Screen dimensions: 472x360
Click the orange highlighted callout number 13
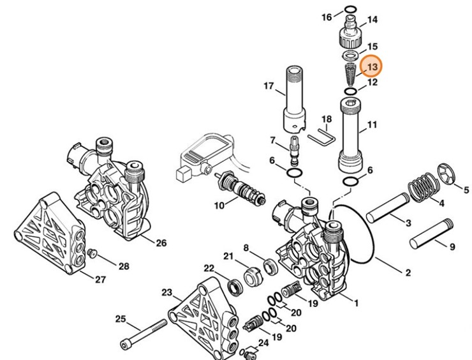point(372,66)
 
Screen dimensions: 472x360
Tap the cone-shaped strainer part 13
point(350,74)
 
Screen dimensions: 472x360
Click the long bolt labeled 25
point(144,335)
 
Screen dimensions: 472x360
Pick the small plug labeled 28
point(91,253)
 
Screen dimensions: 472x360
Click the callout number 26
point(161,243)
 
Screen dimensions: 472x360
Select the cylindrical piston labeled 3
point(388,208)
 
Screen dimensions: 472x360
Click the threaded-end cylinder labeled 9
point(431,234)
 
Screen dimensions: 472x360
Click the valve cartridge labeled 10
point(240,188)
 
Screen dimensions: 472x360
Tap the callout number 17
point(269,86)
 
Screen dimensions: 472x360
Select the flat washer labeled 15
point(350,56)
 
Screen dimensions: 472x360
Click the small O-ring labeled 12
point(351,91)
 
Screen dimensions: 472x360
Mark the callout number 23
point(166,292)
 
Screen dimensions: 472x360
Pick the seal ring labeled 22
point(235,287)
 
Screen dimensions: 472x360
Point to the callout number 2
point(408,273)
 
